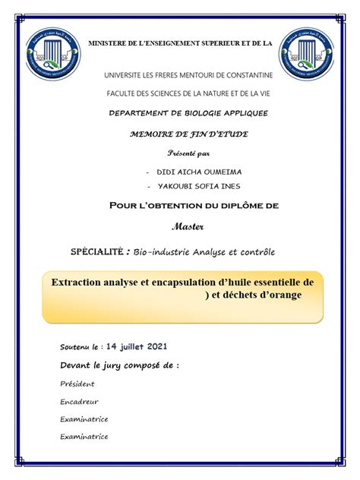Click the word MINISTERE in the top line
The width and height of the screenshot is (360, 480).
pyautogui.click(x=113, y=44)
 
